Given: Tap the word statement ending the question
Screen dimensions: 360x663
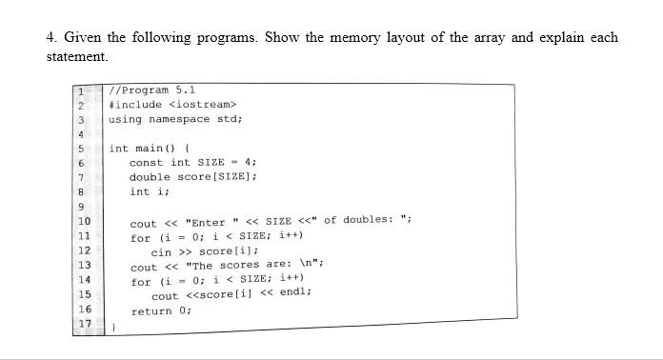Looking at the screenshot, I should pos(75,57).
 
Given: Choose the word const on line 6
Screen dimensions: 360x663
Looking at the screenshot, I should pos(147,163).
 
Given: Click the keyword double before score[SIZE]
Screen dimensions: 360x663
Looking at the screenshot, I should pos(150,177).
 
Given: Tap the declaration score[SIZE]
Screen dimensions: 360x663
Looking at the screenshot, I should pos(216,177).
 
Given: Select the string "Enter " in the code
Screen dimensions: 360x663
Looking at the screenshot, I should pos(201,223).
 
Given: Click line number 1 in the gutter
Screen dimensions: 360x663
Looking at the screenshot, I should pos(84,89).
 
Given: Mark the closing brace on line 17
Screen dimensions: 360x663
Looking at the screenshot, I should pos(112,327).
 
